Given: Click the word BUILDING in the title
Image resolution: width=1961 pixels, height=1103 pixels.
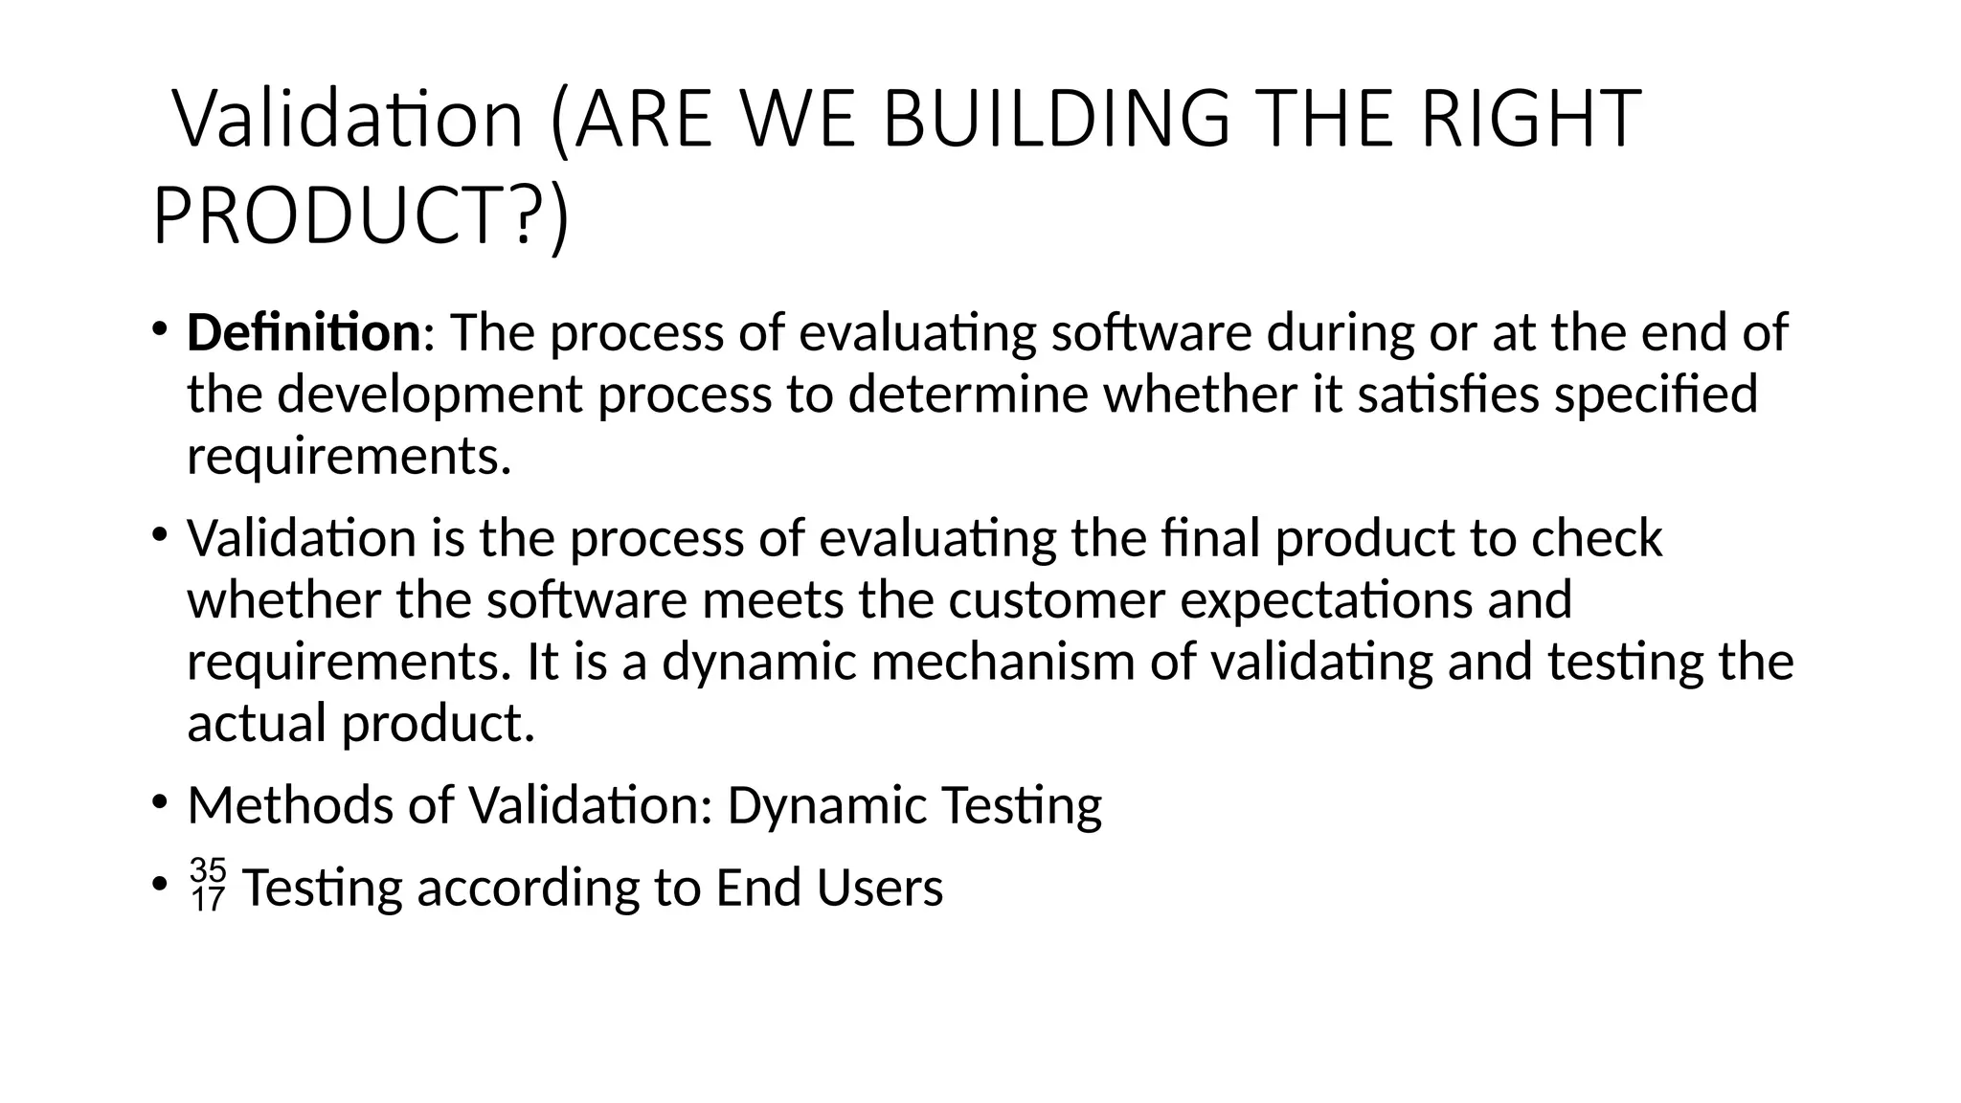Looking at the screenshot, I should (1054, 120).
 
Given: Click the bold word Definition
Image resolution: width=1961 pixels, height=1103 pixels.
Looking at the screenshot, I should (304, 333).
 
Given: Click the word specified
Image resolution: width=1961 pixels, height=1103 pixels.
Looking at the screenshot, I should (1656, 394).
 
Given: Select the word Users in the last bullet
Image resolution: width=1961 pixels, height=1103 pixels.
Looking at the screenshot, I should (880, 888).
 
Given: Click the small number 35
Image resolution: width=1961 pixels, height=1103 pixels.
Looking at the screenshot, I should (208, 870).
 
